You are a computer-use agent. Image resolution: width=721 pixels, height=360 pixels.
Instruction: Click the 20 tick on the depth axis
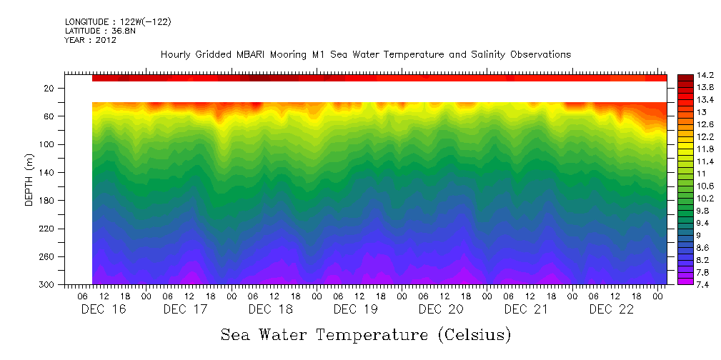coord(50,89)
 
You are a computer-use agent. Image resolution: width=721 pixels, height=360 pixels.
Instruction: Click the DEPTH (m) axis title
coord(29,182)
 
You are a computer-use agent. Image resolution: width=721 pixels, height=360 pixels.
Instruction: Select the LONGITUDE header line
coord(117,22)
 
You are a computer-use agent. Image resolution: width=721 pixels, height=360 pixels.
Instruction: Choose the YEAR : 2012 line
coord(90,41)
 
